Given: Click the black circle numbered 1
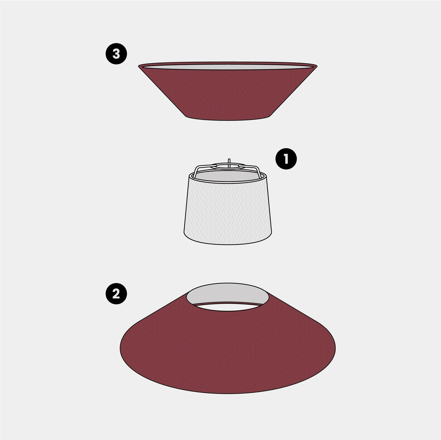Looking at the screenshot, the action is pos(286,159).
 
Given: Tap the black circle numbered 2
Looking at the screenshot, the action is pos(116,294).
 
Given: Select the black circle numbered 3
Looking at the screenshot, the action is pos(116,54).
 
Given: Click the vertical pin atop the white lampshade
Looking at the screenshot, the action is pos(229,162).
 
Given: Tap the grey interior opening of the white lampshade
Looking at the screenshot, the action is pos(228,177).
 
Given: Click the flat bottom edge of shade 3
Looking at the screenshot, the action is pos(228,120).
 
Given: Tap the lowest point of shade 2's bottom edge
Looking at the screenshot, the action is pos(228,393).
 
